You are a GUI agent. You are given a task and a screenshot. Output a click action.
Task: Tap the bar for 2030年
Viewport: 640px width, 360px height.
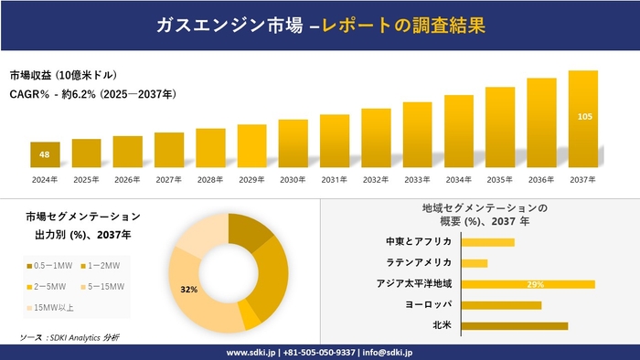pyautogui.click(x=293, y=143)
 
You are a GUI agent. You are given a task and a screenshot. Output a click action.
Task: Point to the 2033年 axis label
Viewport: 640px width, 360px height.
pyautogui.click(x=417, y=180)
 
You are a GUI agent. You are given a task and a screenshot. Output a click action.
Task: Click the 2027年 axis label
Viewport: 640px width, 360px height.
pyautogui.click(x=168, y=180)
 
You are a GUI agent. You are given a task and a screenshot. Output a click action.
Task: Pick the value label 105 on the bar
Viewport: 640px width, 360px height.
pyautogui.click(x=582, y=116)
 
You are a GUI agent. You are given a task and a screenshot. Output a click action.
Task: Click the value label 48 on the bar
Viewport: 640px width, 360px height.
pyautogui.click(x=44, y=154)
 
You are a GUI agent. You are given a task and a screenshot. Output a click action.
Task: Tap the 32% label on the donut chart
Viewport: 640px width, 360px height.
pyautogui.click(x=189, y=289)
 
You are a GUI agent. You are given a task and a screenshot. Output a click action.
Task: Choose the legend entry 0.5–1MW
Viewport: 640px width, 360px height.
pyautogui.click(x=50, y=265)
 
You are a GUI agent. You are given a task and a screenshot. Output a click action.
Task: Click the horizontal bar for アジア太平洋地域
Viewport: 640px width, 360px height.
pyautogui.click(x=528, y=284)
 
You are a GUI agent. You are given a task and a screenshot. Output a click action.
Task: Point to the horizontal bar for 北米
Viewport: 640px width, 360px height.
pyautogui.click(x=514, y=325)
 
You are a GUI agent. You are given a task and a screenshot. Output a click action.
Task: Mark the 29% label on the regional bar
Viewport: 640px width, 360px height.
pyautogui.click(x=536, y=285)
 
